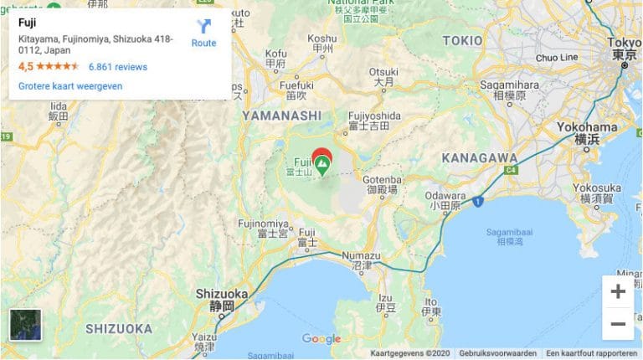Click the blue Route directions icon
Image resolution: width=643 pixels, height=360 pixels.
pyautogui.click(x=203, y=26)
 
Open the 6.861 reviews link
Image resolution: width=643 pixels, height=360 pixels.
pyautogui.click(x=117, y=67)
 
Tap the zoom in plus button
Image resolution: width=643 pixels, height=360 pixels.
pyautogui.click(x=618, y=291)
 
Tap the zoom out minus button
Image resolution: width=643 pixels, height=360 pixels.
pyautogui.click(x=618, y=324)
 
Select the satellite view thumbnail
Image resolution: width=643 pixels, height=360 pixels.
pyautogui.click(x=25, y=325)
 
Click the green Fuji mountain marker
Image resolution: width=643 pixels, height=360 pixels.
pyautogui.click(x=321, y=160)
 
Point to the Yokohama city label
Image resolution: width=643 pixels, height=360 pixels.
pyautogui.click(x=587, y=127)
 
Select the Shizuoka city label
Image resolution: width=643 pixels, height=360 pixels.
pyautogui.click(x=221, y=294)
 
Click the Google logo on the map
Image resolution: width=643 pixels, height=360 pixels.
pyautogui.click(x=321, y=339)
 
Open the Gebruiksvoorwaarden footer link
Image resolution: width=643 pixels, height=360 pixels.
pyautogui.click(x=497, y=353)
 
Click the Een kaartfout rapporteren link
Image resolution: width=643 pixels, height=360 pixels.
pyautogui.click(x=590, y=353)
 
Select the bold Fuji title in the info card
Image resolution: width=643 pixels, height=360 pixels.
pyautogui.click(x=28, y=23)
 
